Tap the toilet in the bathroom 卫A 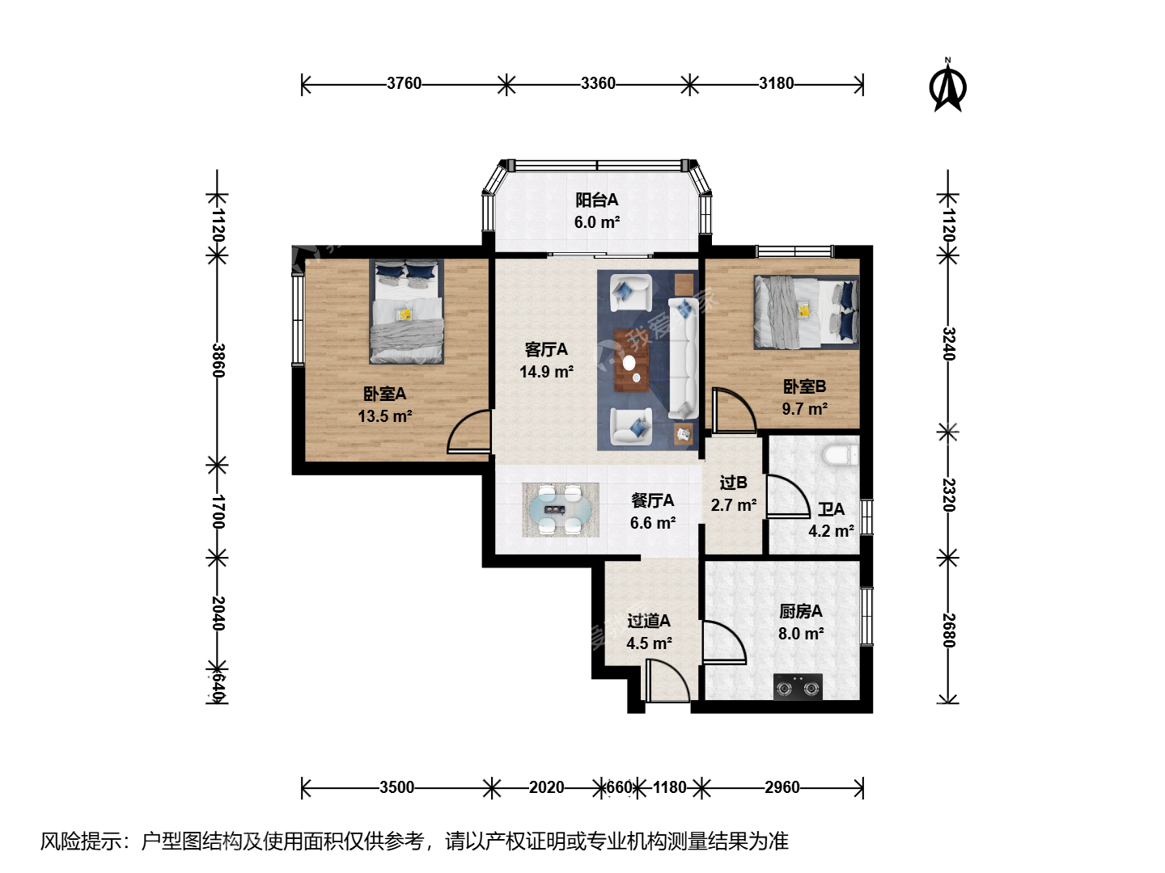pyautogui.click(x=841, y=455)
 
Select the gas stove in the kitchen pyautogui.click(x=798, y=687)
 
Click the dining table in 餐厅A pyautogui.click(x=561, y=510)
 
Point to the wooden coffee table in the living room pyautogui.click(x=632, y=361)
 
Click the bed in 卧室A pyautogui.click(x=407, y=312)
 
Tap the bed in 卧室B pyautogui.click(x=807, y=312)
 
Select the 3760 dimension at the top pyautogui.click(x=404, y=83)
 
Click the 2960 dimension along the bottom pyautogui.click(x=782, y=787)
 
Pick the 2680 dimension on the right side pyautogui.click(x=949, y=630)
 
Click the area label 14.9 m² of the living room pyautogui.click(x=546, y=372)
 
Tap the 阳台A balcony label pyautogui.click(x=596, y=200)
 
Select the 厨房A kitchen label pyautogui.click(x=801, y=611)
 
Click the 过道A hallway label pyautogui.click(x=649, y=621)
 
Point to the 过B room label pyautogui.click(x=734, y=483)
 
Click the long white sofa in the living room pyautogui.click(x=683, y=358)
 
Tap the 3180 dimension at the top pyautogui.click(x=776, y=83)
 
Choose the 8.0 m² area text pyautogui.click(x=801, y=634)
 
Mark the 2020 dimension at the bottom pyautogui.click(x=546, y=787)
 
